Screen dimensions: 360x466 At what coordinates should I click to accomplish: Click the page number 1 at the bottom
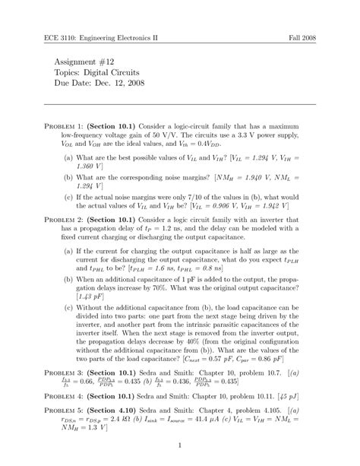tap(180, 445)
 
